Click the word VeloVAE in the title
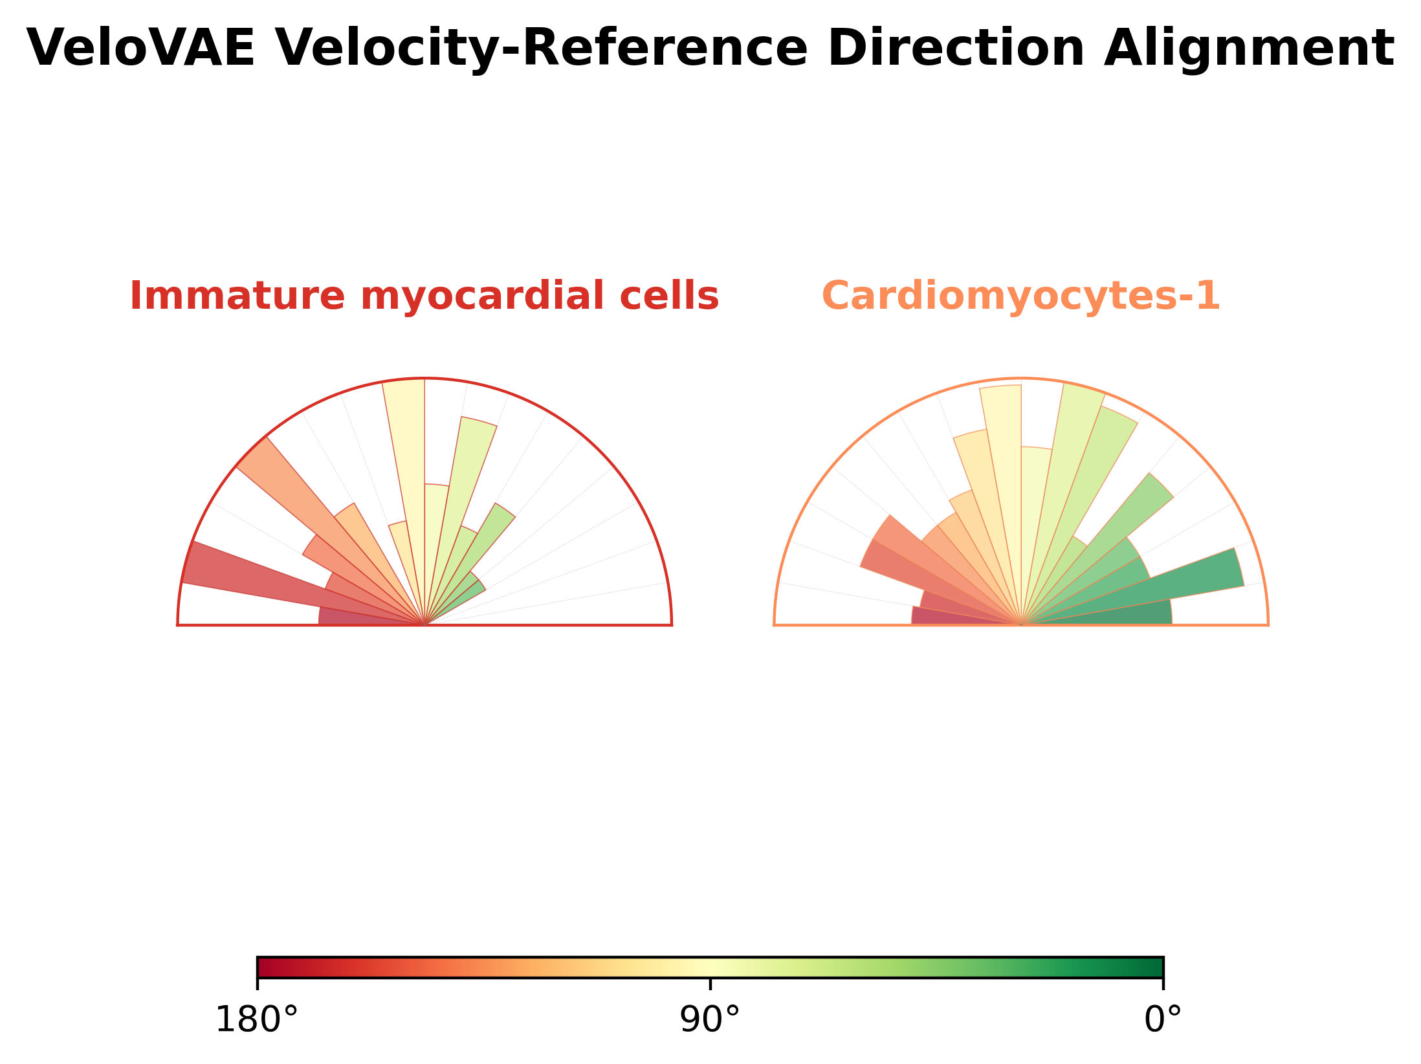tap(140, 49)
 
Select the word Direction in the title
tap(956, 49)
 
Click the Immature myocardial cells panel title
tap(424, 296)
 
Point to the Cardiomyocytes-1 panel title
tap(1020, 296)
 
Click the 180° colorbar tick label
tap(257, 1020)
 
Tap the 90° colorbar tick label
tap(710, 1020)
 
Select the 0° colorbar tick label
tap(1163, 1020)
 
